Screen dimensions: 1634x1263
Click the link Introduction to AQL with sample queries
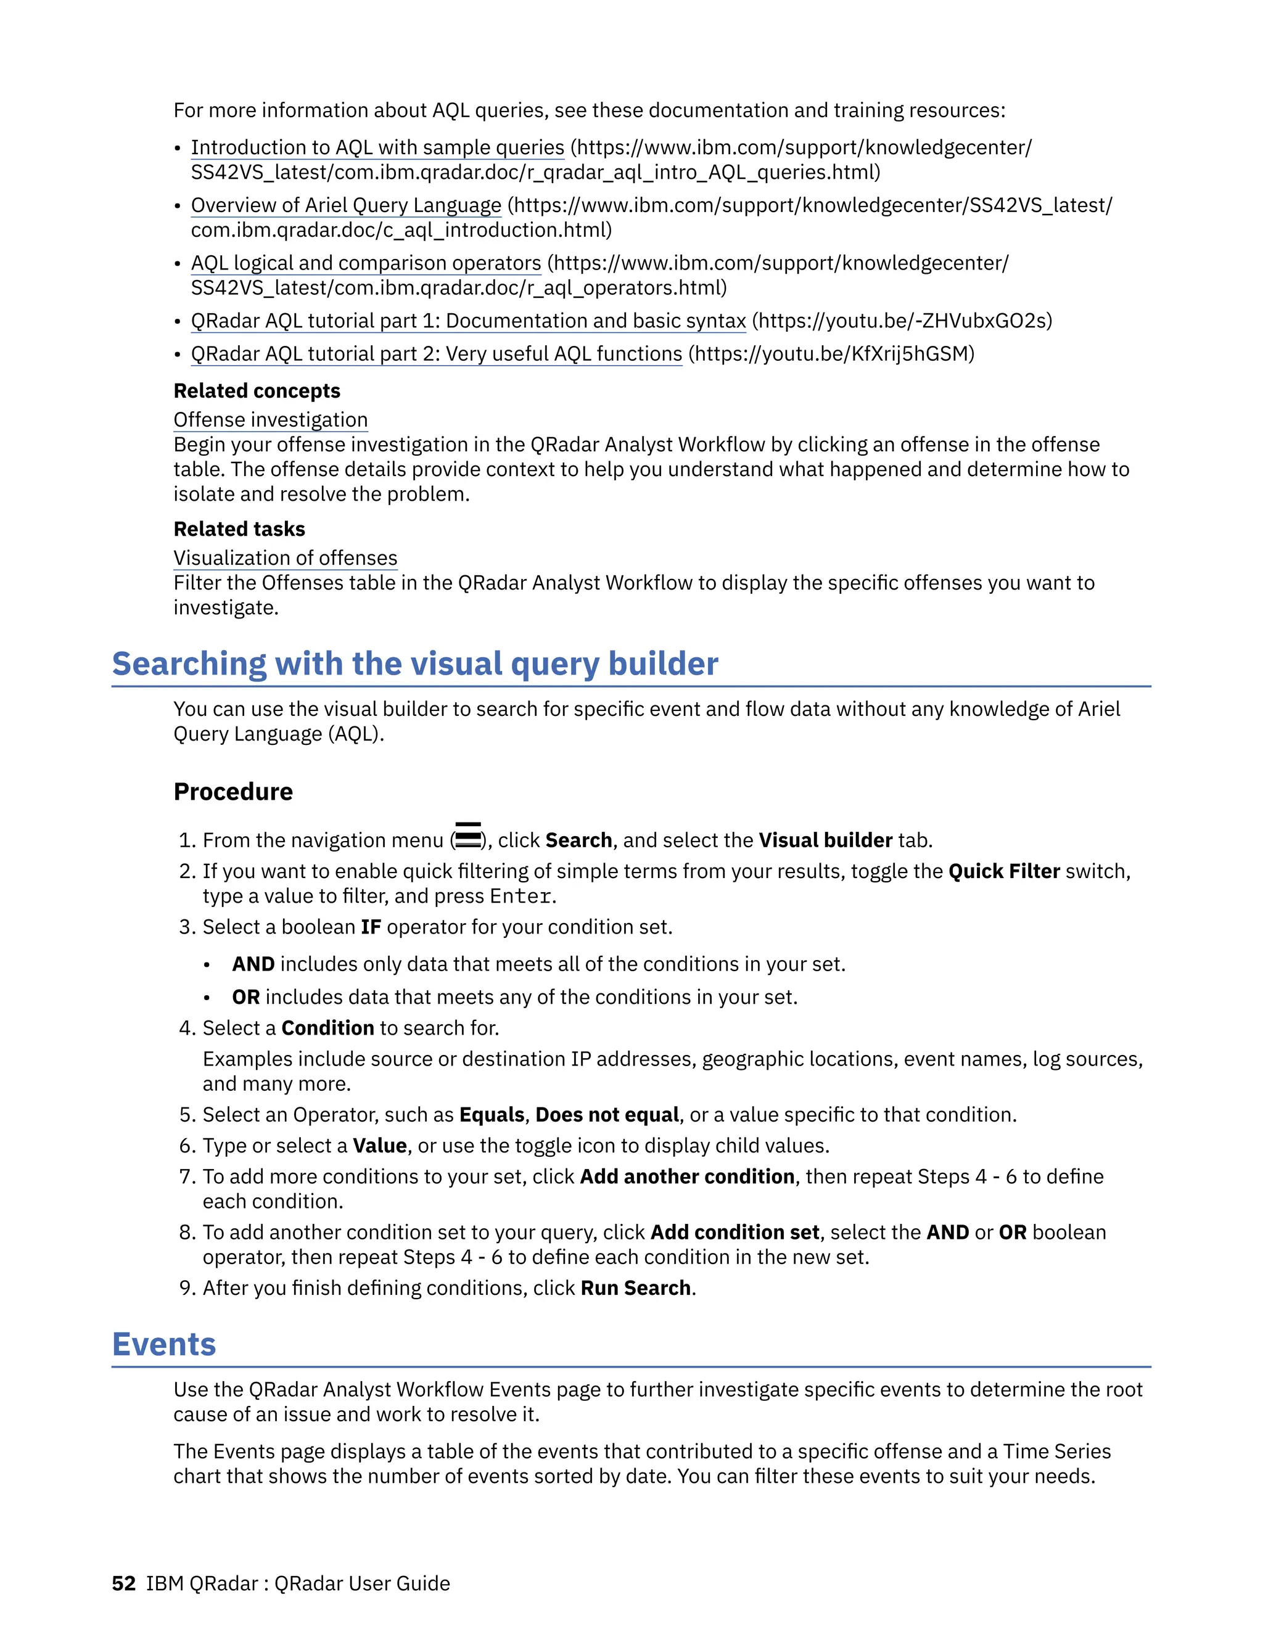[x=377, y=147]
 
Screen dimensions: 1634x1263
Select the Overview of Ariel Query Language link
[x=346, y=205]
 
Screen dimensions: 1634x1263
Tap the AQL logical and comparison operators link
[x=366, y=263]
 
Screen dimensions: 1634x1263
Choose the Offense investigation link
[x=270, y=420]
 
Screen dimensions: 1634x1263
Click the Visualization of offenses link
[x=285, y=558]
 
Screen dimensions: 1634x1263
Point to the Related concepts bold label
[x=257, y=390]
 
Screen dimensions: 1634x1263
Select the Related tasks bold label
[x=239, y=529]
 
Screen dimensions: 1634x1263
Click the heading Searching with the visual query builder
[x=414, y=663]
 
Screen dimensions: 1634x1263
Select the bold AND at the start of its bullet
[x=253, y=964]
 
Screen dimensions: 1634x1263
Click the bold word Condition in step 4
[x=327, y=1028]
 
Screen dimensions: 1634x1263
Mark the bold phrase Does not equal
[x=607, y=1115]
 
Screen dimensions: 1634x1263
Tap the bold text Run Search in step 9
[x=635, y=1287]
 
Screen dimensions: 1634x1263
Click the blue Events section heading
[x=164, y=1344]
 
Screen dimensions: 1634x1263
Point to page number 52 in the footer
[x=123, y=1583]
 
